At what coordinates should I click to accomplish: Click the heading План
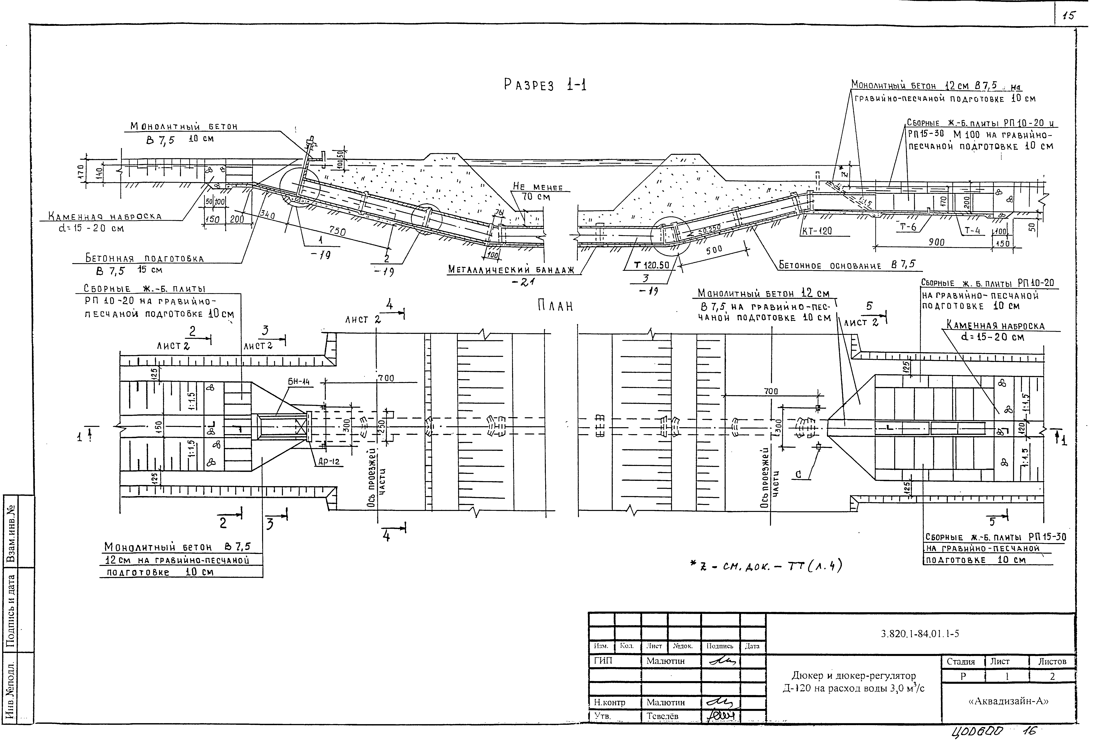(555, 306)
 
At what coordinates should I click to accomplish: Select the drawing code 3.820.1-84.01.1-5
(919, 634)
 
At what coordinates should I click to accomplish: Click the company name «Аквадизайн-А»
(1008, 701)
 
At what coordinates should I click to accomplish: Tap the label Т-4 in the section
(971, 230)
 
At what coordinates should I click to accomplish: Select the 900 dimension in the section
(936, 242)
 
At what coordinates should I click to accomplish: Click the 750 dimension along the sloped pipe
(337, 231)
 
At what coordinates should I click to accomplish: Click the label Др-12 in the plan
(328, 462)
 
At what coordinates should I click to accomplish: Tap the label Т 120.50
(652, 265)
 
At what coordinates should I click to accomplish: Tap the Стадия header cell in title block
(961, 662)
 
